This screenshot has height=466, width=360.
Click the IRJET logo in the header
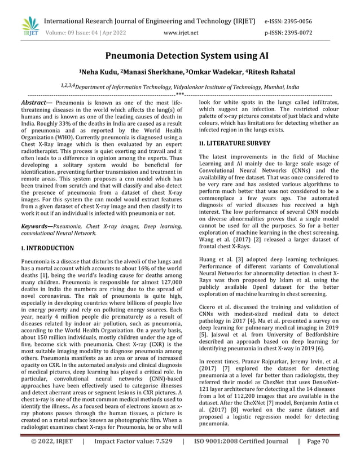click(x=28, y=25)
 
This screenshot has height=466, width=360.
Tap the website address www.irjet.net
click(x=180, y=33)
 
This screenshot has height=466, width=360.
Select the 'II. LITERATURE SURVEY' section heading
click(x=238, y=144)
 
